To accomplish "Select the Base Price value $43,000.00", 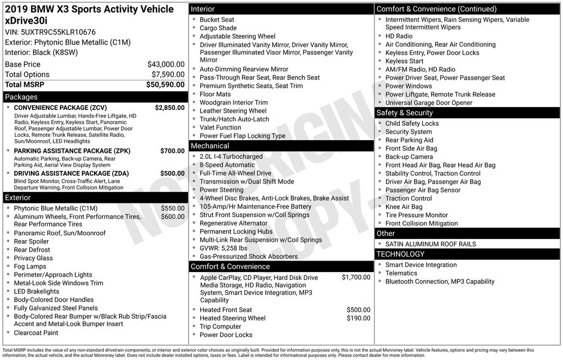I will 165,64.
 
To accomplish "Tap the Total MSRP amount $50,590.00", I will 165,85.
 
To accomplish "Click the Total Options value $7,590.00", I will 168,75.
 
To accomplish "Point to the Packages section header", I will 21,97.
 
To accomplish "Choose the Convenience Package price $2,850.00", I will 169,108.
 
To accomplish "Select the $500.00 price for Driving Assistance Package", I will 172,173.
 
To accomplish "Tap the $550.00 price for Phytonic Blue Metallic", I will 173,208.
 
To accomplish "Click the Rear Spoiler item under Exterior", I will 31,241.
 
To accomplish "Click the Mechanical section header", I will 209,146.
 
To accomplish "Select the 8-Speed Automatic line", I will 227,165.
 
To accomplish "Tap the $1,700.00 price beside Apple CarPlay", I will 356,278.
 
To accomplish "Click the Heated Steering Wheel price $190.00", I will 358,318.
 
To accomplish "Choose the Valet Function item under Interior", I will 220,128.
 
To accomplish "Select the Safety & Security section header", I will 405,113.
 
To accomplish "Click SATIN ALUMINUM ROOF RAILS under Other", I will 430,244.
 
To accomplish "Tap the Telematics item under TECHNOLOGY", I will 401,273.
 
